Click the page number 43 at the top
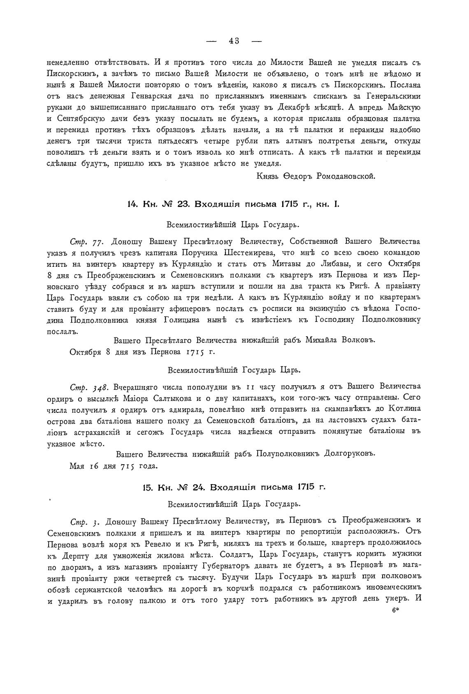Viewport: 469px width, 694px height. click(x=234, y=40)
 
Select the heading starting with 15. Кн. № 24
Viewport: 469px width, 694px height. click(x=234, y=487)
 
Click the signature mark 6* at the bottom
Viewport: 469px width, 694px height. click(x=396, y=612)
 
